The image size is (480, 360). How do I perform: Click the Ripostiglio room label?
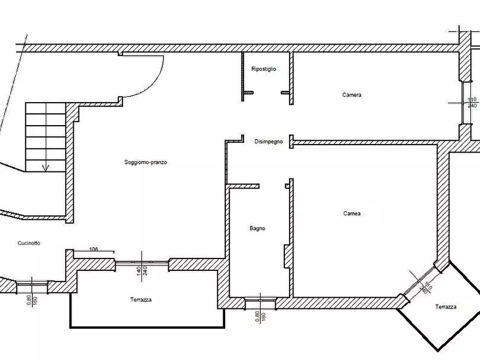click(263, 69)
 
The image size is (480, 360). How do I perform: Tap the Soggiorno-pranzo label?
click(146, 162)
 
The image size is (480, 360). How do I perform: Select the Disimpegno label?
click(268, 142)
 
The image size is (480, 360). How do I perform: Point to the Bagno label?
click(257, 228)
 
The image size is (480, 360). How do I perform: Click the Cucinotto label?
click(29, 243)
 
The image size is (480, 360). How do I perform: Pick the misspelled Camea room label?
click(352, 213)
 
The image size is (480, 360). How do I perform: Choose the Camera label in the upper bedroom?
click(352, 95)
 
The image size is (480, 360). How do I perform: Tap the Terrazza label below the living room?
click(141, 300)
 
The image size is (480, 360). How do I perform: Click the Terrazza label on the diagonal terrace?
click(446, 307)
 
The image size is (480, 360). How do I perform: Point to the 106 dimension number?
click(94, 249)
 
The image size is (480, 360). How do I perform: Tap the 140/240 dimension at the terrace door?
click(142, 271)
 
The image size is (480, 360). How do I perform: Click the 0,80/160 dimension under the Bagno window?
click(260, 316)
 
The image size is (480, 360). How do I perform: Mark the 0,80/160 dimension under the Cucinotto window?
click(32, 300)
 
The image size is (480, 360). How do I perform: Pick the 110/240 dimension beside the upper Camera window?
click(472, 103)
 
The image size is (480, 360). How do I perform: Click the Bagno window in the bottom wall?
click(261, 303)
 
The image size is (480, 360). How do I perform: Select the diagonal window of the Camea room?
click(419, 281)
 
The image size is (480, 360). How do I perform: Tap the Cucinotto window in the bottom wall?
click(32, 287)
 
